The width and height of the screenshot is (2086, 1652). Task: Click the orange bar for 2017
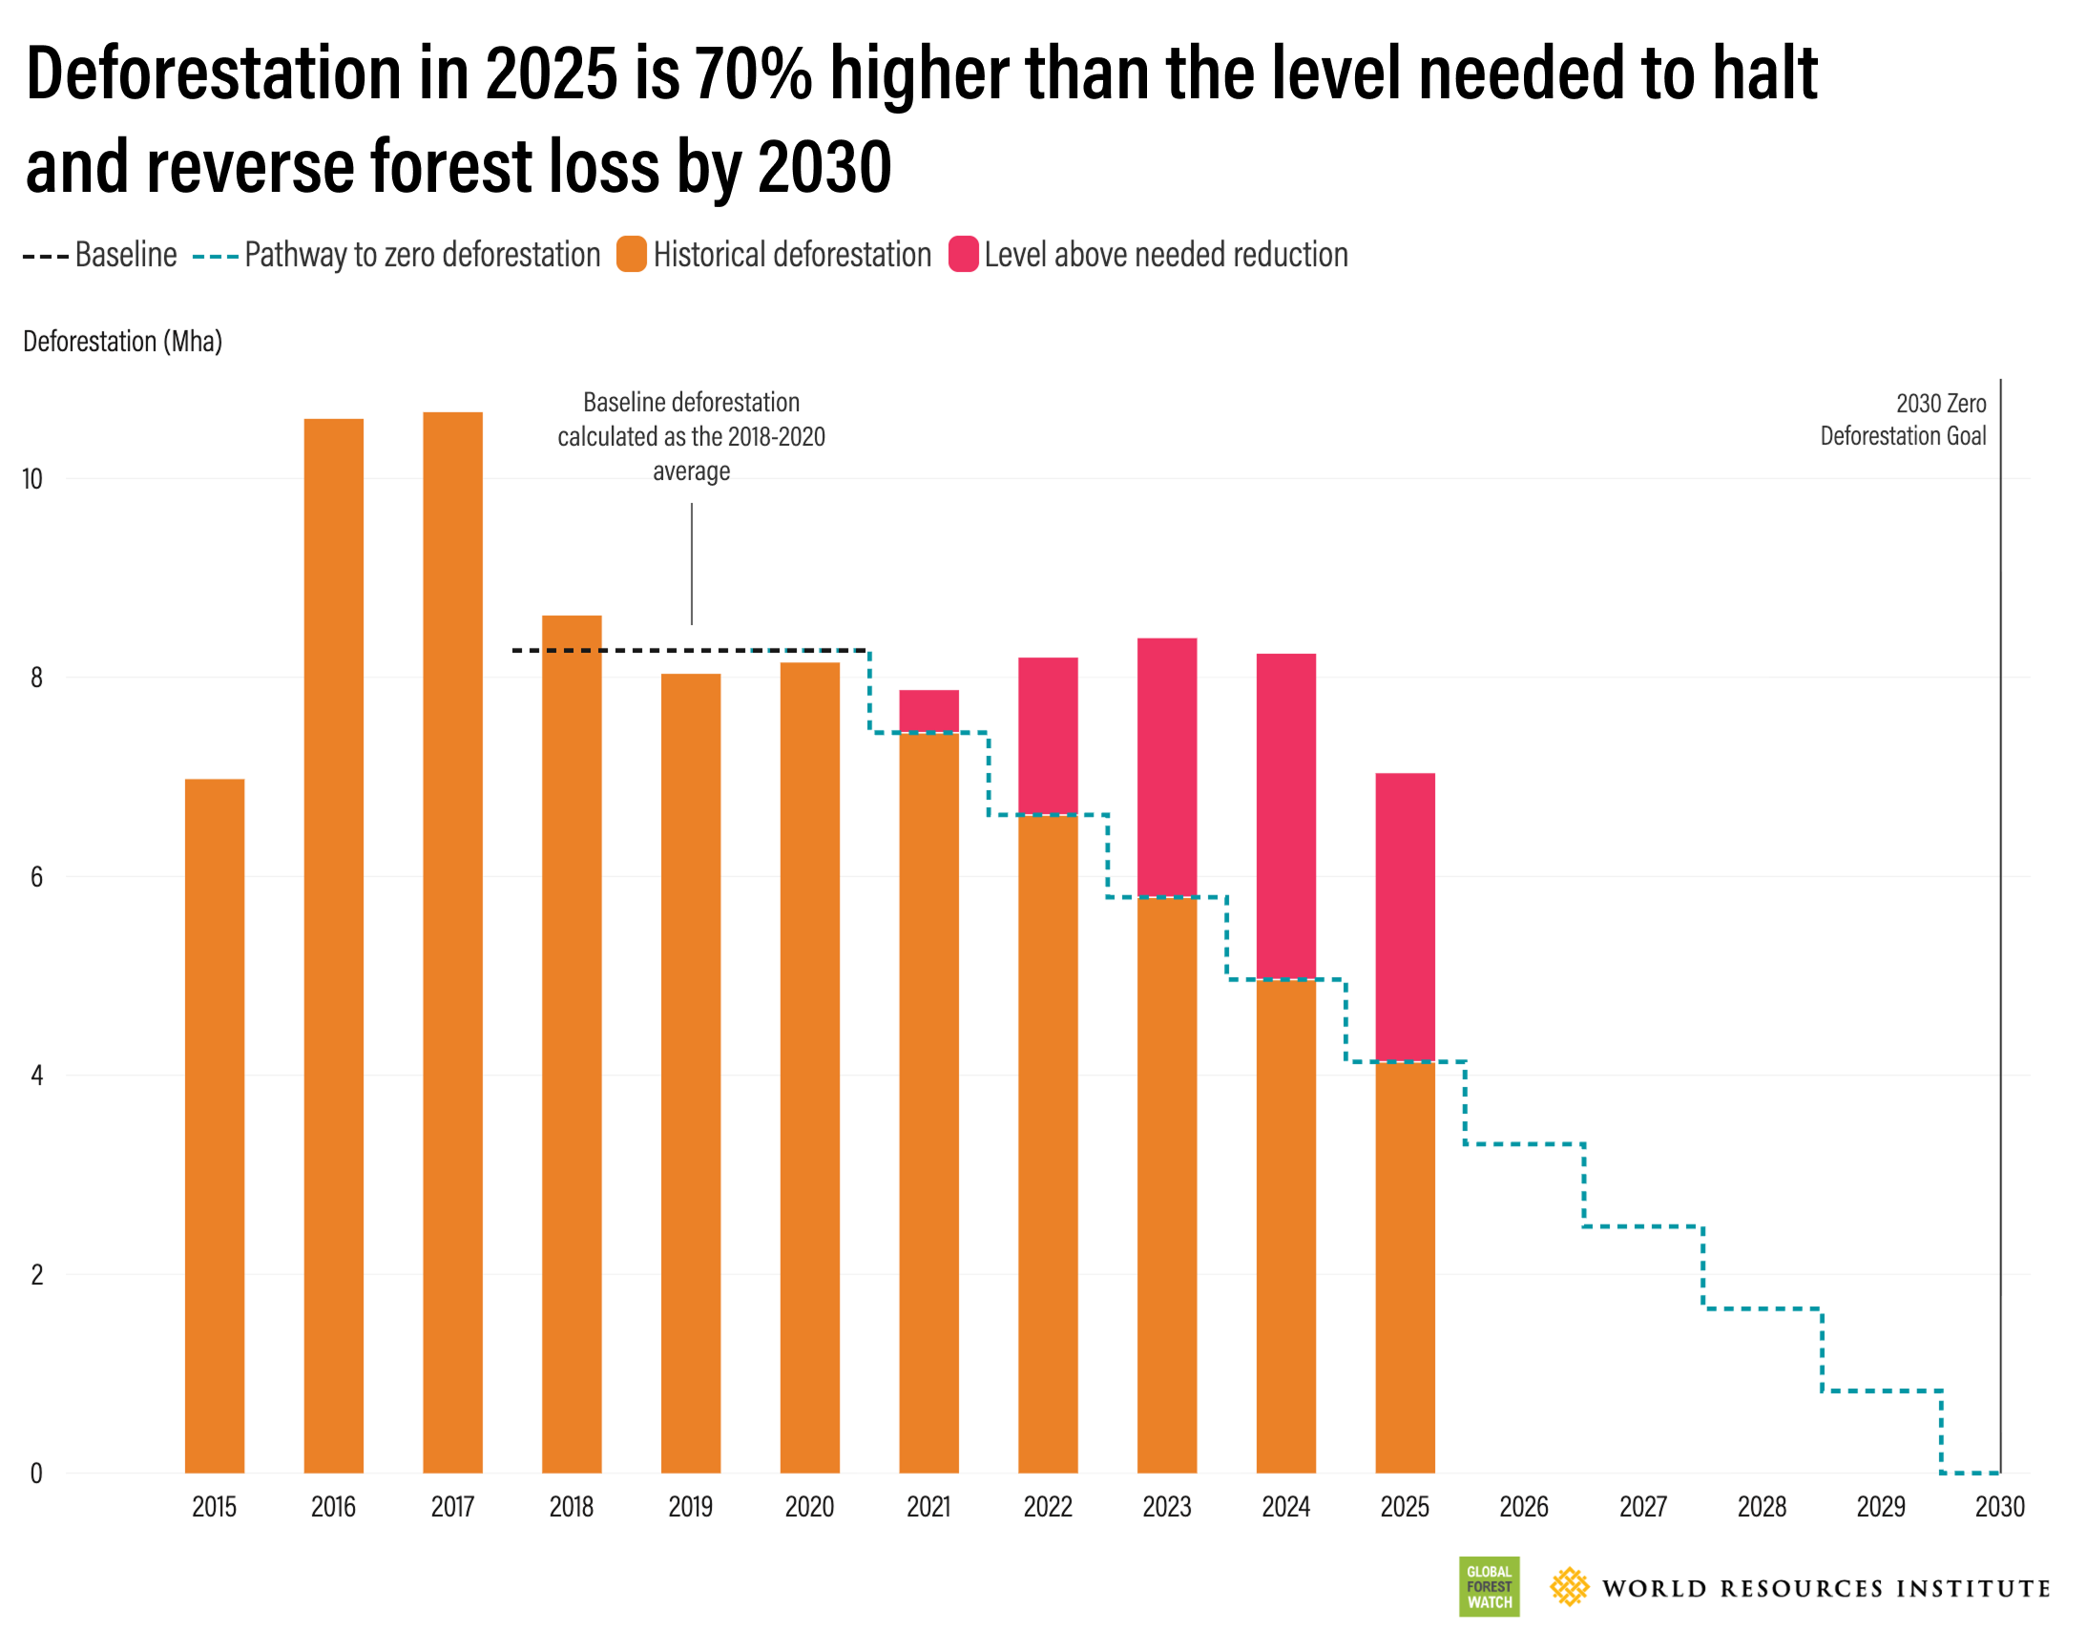tap(451, 943)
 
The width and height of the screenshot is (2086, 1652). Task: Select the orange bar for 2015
tap(214, 1127)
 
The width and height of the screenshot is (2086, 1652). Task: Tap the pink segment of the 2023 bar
tap(1166, 767)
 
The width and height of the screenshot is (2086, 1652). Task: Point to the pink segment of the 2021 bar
tap(928, 711)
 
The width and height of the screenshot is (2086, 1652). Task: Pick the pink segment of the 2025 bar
tap(1405, 917)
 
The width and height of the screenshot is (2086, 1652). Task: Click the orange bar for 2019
tap(691, 1074)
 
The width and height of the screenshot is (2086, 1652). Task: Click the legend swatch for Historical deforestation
tap(632, 255)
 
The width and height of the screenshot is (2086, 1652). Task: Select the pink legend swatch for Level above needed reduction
tap(963, 255)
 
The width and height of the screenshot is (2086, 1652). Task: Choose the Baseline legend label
tap(126, 255)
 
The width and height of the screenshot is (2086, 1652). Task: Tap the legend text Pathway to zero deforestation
tap(422, 255)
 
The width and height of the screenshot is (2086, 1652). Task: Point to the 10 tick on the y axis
tap(32, 479)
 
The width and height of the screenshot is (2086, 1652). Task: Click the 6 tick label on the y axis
tap(37, 876)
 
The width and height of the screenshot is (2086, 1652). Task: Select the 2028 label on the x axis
tap(1761, 1507)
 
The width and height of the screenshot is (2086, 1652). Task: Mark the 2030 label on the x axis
tap(1999, 1507)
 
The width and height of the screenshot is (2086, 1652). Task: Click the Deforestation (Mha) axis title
tap(123, 342)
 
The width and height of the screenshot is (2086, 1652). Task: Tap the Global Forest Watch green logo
tap(1489, 1586)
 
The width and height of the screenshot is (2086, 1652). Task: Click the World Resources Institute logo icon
tap(1569, 1587)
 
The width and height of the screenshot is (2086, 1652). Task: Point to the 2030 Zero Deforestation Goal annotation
tap(1902, 419)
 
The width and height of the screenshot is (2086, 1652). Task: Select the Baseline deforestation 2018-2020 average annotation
tap(691, 436)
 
